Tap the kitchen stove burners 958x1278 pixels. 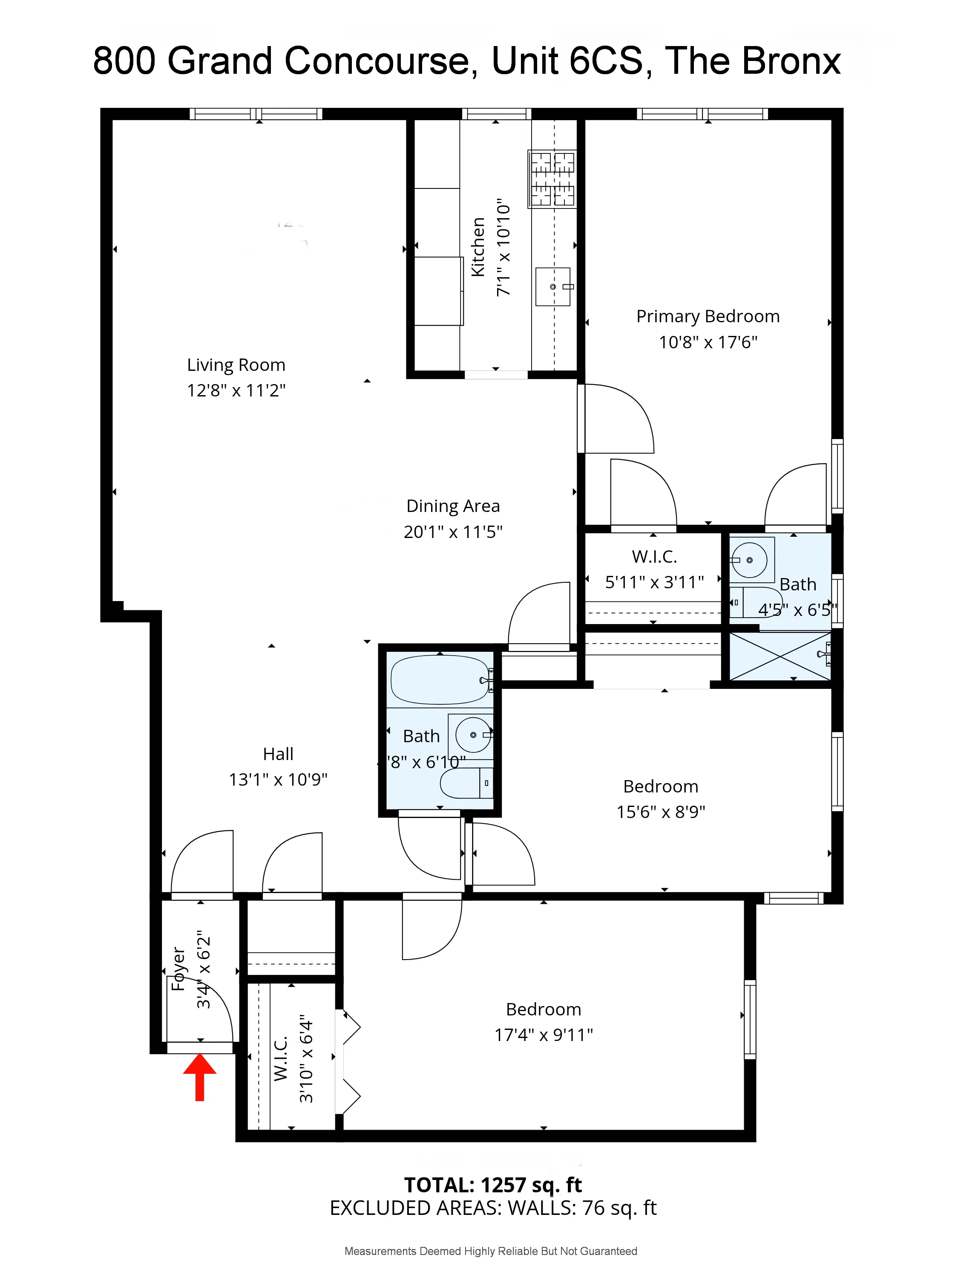pos(552,179)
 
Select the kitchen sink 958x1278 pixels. pos(552,286)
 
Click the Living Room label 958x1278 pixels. pos(236,365)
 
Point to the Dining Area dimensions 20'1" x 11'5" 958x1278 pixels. pos(453,532)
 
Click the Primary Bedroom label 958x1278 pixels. pos(708,317)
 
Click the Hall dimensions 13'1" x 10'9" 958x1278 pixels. pos(278,779)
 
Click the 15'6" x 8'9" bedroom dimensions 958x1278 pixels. pos(661,812)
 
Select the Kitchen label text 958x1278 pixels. pos(478,247)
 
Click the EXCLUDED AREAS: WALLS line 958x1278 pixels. pos(492,1208)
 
